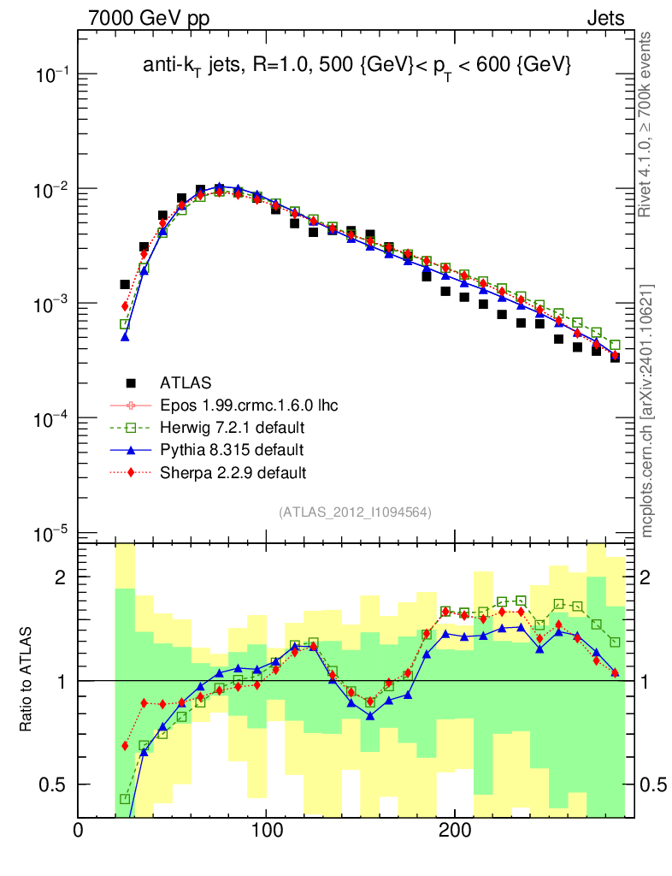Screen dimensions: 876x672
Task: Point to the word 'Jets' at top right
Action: [x=605, y=18]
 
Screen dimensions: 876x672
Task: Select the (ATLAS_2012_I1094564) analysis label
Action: [x=355, y=512]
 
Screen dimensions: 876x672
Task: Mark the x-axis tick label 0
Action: [x=79, y=831]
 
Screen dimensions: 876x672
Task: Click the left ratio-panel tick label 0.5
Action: [x=54, y=784]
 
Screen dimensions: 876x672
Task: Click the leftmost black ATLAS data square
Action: [x=125, y=284]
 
